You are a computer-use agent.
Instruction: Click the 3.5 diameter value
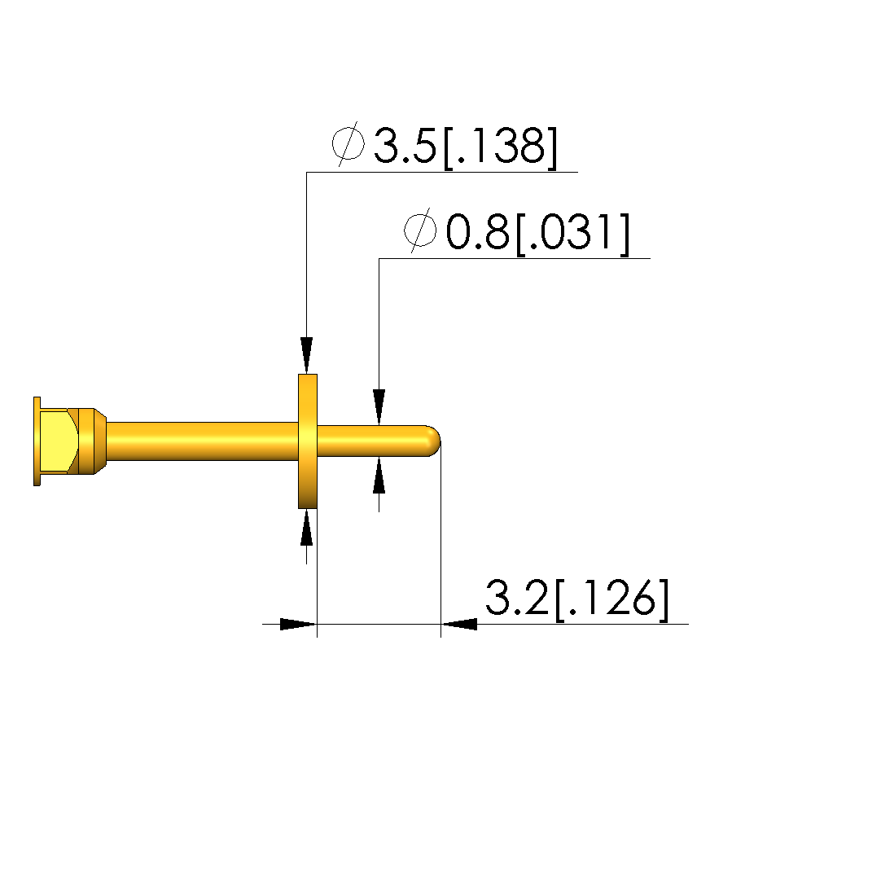click(x=405, y=145)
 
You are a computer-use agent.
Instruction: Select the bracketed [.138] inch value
click(x=501, y=147)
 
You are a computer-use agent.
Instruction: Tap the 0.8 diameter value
click(x=477, y=232)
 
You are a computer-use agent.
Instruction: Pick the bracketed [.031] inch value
click(x=573, y=234)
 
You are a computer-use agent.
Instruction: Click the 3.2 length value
click(x=516, y=598)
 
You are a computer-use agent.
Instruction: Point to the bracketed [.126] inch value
click(x=611, y=599)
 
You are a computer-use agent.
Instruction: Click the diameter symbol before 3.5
click(x=348, y=144)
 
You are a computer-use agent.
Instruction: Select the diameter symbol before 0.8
click(x=420, y=230)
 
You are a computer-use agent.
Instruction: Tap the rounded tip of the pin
click(x=433, y=441)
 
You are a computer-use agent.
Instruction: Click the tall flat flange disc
click(x=308, y=441)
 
